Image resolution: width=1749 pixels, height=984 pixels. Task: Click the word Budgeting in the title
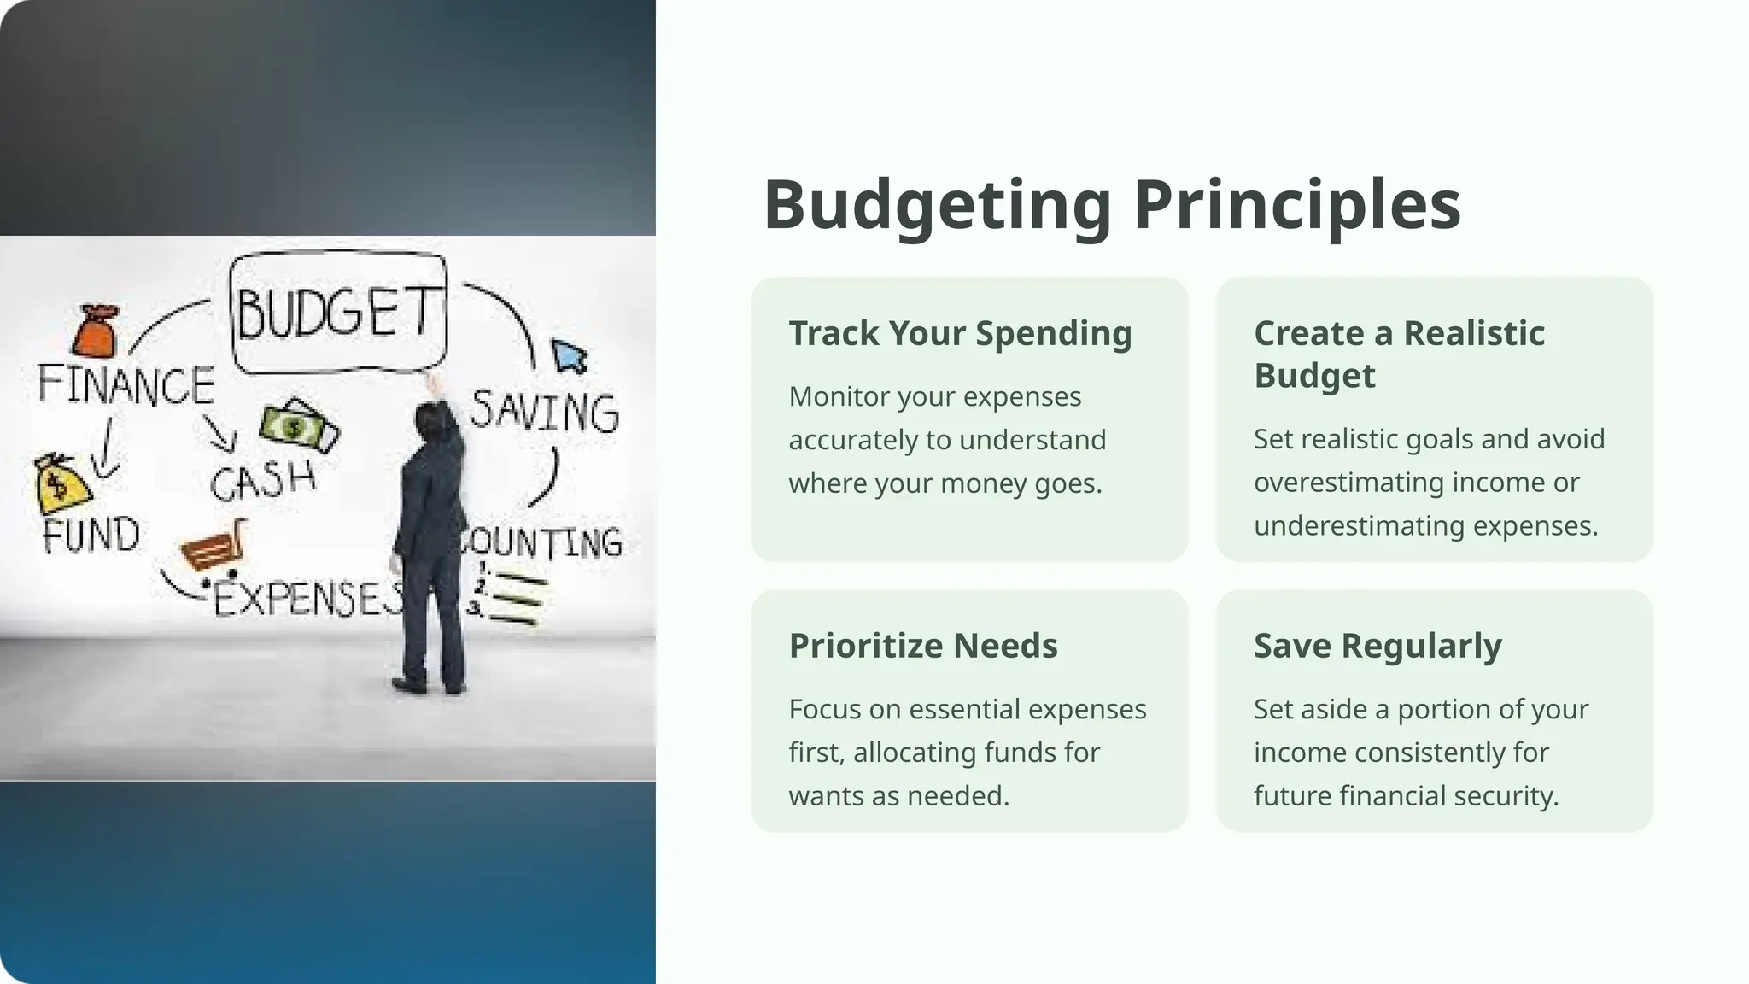[x=937, y=205]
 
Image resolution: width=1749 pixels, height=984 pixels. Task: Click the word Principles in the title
[x=1296, y=205]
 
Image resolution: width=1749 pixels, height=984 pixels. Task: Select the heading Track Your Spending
[x=960, y=333]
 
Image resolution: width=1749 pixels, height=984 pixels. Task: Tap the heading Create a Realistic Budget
[x=1399, y=354]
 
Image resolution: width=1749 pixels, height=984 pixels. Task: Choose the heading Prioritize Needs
[x=922, y=646]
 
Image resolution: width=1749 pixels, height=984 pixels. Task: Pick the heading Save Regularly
[x=1377, y=646]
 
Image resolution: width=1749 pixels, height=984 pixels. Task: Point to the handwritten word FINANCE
[x=126, y=385]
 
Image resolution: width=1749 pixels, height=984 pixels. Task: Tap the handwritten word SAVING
[x=544, y=412]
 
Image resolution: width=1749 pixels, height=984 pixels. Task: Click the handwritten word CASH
[x=263, y=481]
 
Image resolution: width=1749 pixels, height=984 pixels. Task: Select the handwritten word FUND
[x=91, y=536]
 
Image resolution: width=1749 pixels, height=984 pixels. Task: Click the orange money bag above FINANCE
[x=95, y=331]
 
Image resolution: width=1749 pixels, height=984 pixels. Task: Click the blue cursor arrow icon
[x=568, y=355]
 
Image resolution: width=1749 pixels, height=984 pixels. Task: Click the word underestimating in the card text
[x=1359, y=525]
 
